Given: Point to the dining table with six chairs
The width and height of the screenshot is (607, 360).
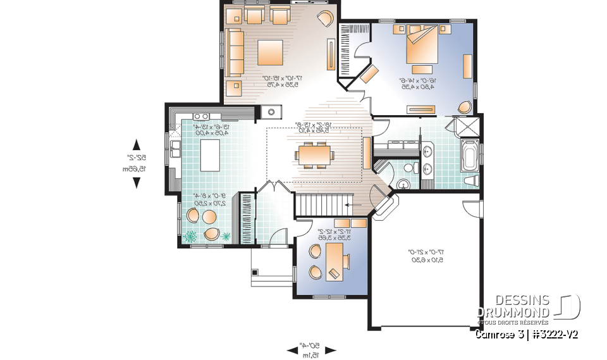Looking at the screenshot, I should [314, 154].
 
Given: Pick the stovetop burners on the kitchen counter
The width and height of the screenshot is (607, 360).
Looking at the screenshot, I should [201, 116].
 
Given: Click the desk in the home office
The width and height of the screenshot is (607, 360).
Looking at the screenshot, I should [334, 261].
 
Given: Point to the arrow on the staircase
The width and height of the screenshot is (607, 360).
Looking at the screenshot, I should [348, 205].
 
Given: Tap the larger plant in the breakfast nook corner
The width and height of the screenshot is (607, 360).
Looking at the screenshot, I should [190, 237].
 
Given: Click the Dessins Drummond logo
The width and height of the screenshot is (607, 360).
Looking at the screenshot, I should [529, 307].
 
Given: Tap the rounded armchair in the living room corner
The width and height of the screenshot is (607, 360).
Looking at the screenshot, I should [326, 18].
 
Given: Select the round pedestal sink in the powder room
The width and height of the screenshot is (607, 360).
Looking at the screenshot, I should [403, 183].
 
